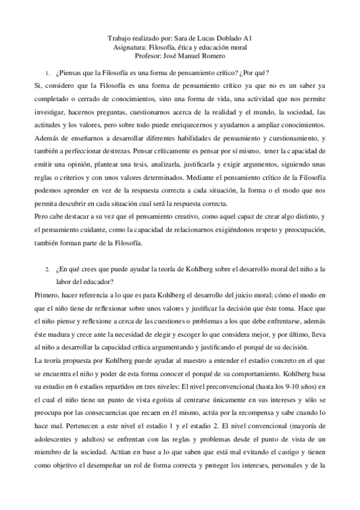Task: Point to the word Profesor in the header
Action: pyautogui.click(x=148, y=56)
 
